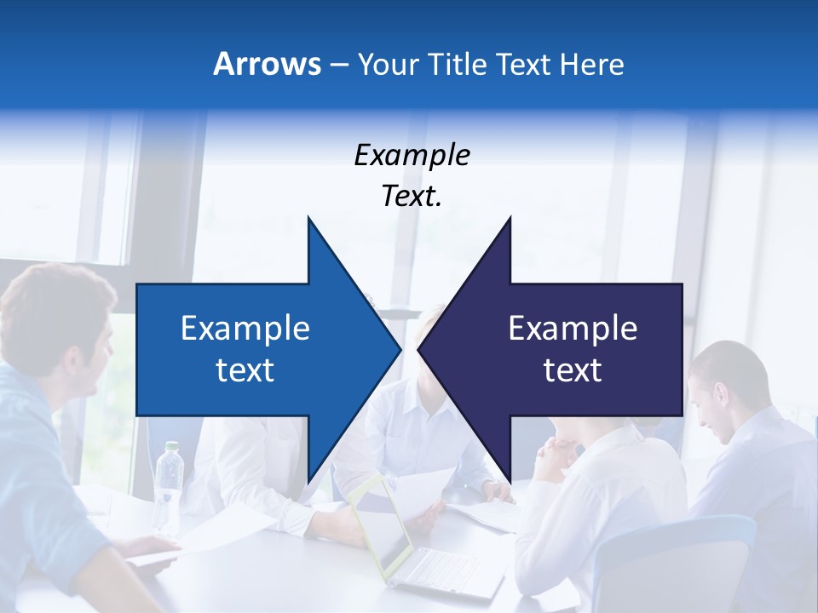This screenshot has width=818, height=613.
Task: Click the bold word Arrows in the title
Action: point(267,64)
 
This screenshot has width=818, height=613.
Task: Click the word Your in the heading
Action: point(388,64)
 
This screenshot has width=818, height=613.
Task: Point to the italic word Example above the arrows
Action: point(412,155)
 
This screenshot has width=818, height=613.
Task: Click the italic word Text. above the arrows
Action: point(412,196)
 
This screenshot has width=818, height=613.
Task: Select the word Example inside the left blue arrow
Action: point(245,328)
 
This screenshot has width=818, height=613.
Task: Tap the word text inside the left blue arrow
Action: point(245,370)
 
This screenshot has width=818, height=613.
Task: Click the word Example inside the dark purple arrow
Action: point(573,328)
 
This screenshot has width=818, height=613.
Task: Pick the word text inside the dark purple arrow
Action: point(573,370)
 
